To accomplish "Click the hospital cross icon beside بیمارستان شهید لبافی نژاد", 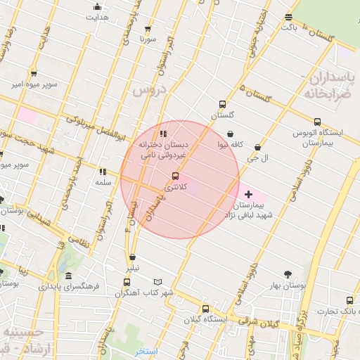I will click(x=248, y=193).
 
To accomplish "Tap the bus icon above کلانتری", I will click(x=175, y=176).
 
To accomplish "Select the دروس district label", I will click(x=148, y=89).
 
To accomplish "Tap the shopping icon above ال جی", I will click(x=258, y=148).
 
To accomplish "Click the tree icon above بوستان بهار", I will click(x=287, y=274).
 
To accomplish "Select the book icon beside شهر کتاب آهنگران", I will click(x=157, y=281).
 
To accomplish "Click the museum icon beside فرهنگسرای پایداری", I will click(x=67, y=276).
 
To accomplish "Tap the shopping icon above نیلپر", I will click(x=132, y=257).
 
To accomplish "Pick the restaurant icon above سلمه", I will click(x=103, y=171).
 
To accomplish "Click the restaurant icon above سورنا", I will click(x=147, y=28).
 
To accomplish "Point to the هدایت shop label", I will click(x=97, y=17).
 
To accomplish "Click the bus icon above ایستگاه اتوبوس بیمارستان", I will click(x=317, y=121).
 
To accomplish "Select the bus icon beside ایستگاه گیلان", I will click(x=205, y=309).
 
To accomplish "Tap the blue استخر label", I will click(x=147, y=351).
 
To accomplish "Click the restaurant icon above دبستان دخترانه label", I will click(x=164, y=134).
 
